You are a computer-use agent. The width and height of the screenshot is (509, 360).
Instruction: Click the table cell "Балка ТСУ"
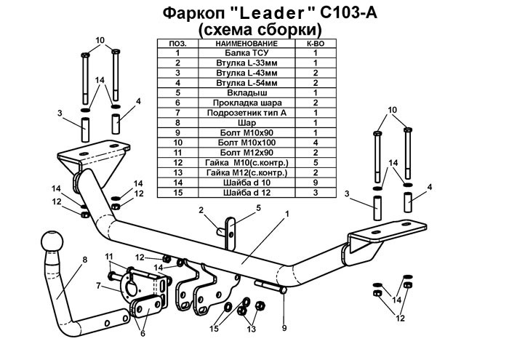[x=243, y=54]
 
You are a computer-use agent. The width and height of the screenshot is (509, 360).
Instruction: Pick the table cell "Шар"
[x=243, y=123]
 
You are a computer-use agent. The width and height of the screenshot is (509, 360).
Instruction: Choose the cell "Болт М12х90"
[x=243, y=153]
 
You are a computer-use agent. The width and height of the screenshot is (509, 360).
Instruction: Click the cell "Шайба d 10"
[x=243, y=183]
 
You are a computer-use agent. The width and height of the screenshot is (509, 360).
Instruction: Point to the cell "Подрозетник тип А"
[x=243, y=113]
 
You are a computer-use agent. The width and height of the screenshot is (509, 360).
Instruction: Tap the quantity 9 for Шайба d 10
[x=316, y=183]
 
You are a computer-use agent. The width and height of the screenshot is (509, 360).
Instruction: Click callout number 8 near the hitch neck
[x=85, y=259]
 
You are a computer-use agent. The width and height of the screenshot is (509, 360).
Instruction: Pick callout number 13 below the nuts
[x=252, y=329]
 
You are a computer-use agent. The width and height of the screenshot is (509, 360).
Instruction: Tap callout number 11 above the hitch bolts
[x=109, y=256]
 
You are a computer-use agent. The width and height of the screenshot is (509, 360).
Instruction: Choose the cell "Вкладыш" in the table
[x=243, y=93]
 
